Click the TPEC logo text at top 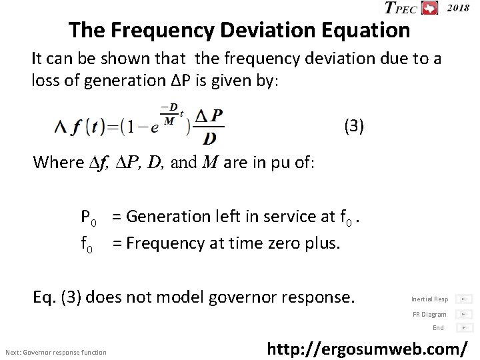click(401, 8)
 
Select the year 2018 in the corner click(457, 7)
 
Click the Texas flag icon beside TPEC click(431, 8)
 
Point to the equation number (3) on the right click(353, 125)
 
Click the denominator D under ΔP click(210, 138)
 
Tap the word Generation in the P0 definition click(165, 216)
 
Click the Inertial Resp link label click(429, 299)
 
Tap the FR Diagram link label click(429, 314)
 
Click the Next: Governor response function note click(55, 352)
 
